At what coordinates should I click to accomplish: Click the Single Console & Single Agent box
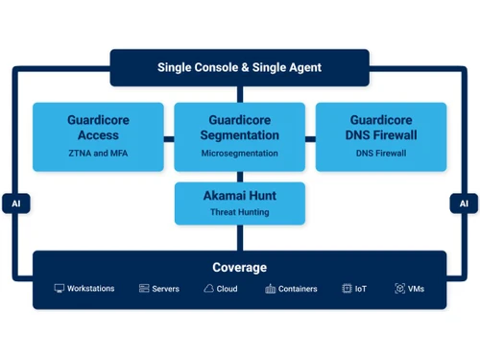coord(239,67)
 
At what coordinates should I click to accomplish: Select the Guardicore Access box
coord(99,136)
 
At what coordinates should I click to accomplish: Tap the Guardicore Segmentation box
coord(239,136)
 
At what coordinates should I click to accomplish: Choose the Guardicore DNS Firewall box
coord(381,136)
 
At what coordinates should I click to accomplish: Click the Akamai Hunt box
coord(239,204)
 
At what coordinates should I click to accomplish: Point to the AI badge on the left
coord(16,204)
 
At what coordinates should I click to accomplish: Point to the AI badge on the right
coord(463,204)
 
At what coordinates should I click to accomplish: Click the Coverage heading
coord(239,267)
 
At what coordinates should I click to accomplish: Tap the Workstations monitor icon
coord(59,288)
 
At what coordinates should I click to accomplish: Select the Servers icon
coord(143,288)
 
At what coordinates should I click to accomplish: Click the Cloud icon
coord(208,288)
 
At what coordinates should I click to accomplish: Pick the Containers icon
coord(271,288)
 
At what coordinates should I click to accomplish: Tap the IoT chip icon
coord(347,288)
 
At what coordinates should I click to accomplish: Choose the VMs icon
coord(399,288)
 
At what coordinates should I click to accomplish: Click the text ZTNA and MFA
coord(99,154)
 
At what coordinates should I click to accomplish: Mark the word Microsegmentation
coord(239,154)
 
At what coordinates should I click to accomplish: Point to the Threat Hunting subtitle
coord(239,212)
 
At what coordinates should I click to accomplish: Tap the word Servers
coord(165,288)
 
